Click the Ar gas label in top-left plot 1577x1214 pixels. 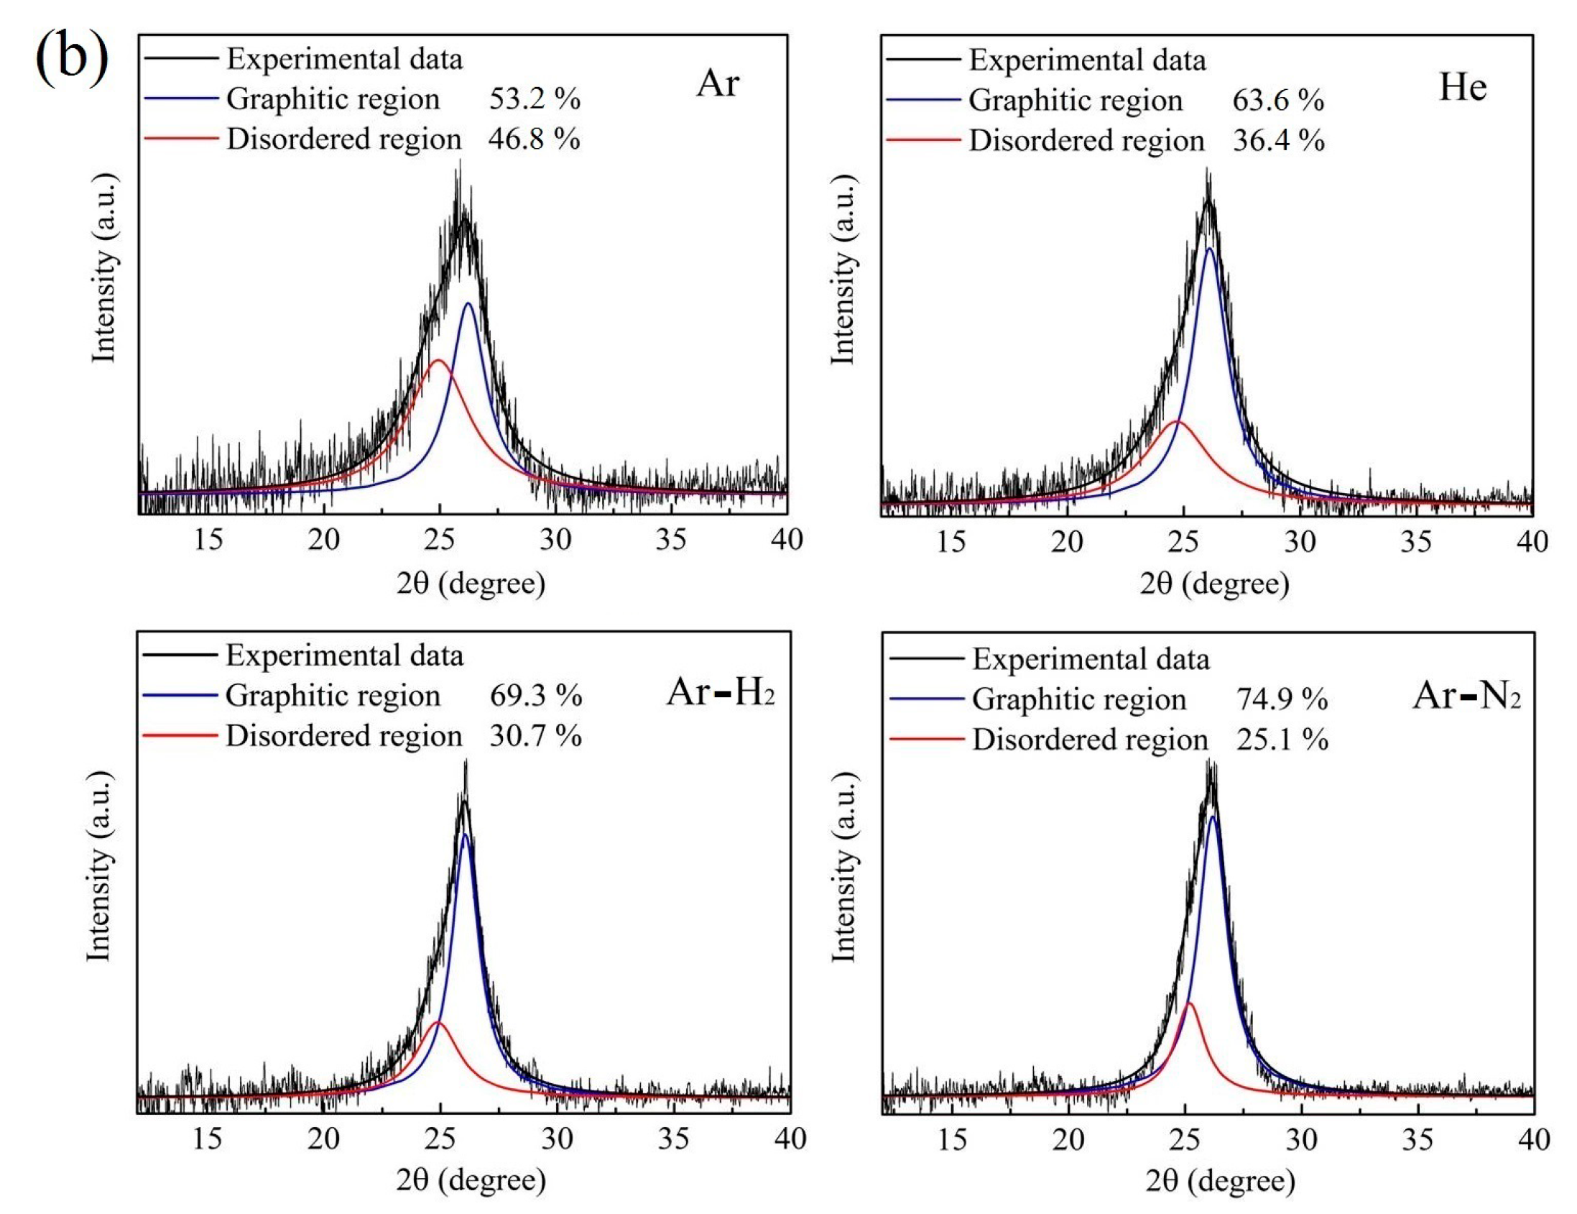coord(717,83)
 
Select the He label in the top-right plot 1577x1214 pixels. coord(1463,88)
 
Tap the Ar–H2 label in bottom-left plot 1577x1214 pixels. coord(720,693)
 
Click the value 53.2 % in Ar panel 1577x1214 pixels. coord(535,99)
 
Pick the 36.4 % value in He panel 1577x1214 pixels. coord(1278,140)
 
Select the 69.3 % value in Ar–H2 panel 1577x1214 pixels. coord(535,696)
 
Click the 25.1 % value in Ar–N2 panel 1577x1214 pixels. coord(1282,740)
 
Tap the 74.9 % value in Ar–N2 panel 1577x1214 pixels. coord(1282,699)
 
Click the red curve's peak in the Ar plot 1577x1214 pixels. coord(438,359)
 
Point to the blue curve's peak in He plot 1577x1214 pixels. coord(1209,249)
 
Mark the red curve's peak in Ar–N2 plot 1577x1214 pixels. coord(1189,1003)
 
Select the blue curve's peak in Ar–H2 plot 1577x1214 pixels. coord(466,835)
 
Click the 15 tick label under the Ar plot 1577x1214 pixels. coord(208,540)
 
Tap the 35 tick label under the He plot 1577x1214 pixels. coord(1415,542)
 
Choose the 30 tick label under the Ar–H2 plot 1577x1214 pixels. coord(557,1139)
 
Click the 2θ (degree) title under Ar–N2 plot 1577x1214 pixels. coord(1220,1181)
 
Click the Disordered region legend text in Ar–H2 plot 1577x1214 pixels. coord(343,736)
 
